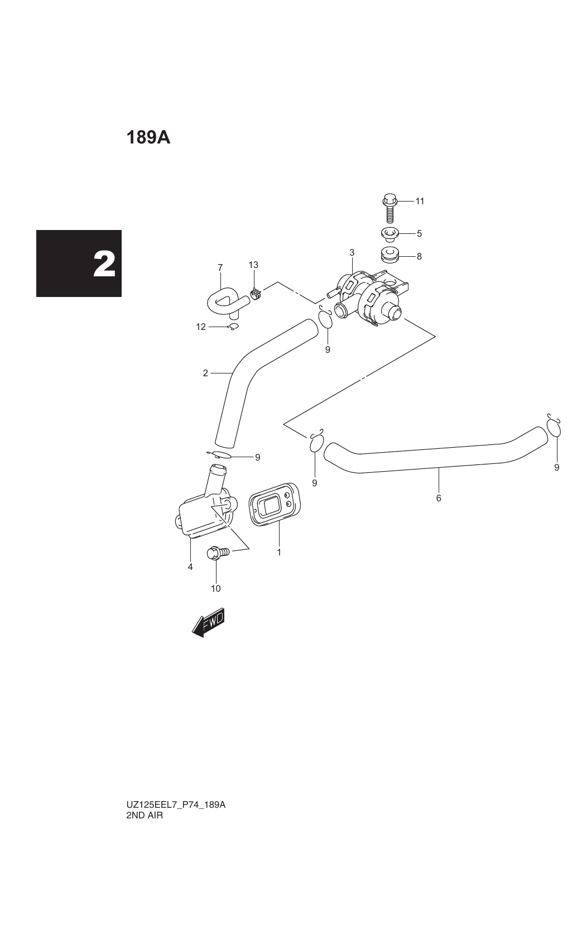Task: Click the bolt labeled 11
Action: [390, 208]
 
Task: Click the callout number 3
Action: [352, 252]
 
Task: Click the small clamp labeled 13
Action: [255, 293]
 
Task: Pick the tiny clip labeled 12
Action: [233, 327]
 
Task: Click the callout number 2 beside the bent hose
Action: [205, 373]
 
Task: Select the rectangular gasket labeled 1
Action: [275, 504]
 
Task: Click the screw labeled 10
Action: [217, 553]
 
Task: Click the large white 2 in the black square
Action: [104, 264]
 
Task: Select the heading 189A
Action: [148, 138]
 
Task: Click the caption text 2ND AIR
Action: [145, 815]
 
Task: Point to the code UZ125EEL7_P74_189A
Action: [176, 804]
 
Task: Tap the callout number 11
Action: [420, 201]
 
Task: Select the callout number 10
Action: [215, 588]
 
